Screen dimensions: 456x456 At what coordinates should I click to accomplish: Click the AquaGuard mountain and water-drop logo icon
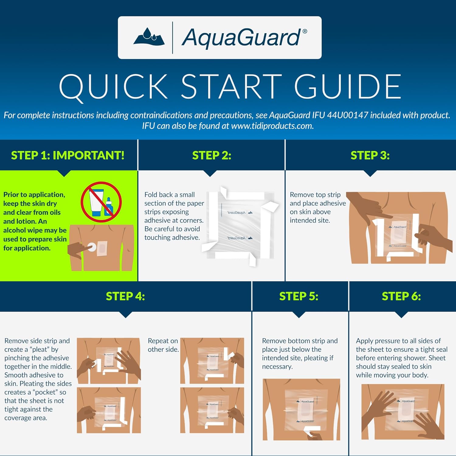[149, 37]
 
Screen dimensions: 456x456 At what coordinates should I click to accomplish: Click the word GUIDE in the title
[348, 87]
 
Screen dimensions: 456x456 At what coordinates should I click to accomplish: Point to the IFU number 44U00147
[347, 115]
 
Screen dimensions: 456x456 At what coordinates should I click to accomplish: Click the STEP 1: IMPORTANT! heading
[68, 155]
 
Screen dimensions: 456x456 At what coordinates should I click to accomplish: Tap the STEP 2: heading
[212, 155]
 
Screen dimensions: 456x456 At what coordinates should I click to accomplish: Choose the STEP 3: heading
[370, 155]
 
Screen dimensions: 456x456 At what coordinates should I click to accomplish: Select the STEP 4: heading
[125, 296]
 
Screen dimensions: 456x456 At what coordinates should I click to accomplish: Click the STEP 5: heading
[299, 296]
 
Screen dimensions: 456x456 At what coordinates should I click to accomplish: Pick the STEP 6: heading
[401, 296]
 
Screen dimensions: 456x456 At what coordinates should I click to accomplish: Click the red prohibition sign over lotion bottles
[101, 202]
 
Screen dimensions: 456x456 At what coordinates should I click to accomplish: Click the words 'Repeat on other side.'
[163, 345]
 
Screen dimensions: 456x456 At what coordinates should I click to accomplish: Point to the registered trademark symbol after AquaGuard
[305, 31]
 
